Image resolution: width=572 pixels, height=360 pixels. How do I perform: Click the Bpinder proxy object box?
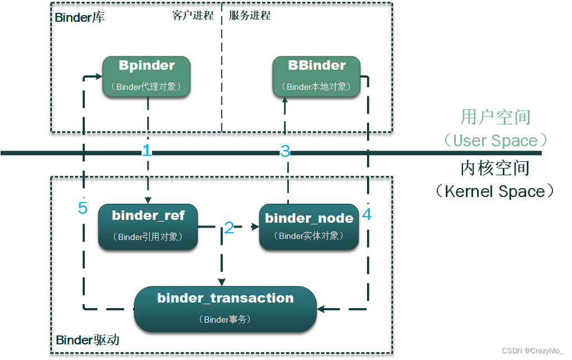point(147,76)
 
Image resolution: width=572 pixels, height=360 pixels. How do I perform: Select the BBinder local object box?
point(317,76)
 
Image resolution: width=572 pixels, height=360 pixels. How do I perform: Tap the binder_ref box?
point(148,227)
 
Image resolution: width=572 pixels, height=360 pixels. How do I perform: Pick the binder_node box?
point(309,227)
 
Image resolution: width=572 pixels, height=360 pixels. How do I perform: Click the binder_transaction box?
point(225,309)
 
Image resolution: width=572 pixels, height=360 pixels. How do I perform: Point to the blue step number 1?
point(147,150)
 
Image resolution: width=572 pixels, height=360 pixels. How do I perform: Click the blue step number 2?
point(229,227)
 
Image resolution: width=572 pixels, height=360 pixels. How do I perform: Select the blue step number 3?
point(285,151)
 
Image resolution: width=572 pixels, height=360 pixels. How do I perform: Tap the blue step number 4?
point(367,214)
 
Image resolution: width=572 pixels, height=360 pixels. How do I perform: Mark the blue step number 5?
point(83,208)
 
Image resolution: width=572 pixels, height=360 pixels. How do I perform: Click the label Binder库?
point(79,17)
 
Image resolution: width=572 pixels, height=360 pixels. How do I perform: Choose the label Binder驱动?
point(87,340)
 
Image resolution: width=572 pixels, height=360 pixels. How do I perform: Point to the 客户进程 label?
point(193,16)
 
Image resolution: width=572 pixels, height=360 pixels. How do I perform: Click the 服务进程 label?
point(250,16)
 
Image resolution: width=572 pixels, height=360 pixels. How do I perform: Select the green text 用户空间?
point(495,117)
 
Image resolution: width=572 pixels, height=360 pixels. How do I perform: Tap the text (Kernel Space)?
point(495,191)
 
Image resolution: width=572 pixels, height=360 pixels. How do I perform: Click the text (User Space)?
point(495,140)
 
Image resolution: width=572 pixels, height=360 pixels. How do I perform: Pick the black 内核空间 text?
point(495,167)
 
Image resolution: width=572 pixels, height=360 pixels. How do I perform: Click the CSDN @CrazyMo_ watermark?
point(533,351)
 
